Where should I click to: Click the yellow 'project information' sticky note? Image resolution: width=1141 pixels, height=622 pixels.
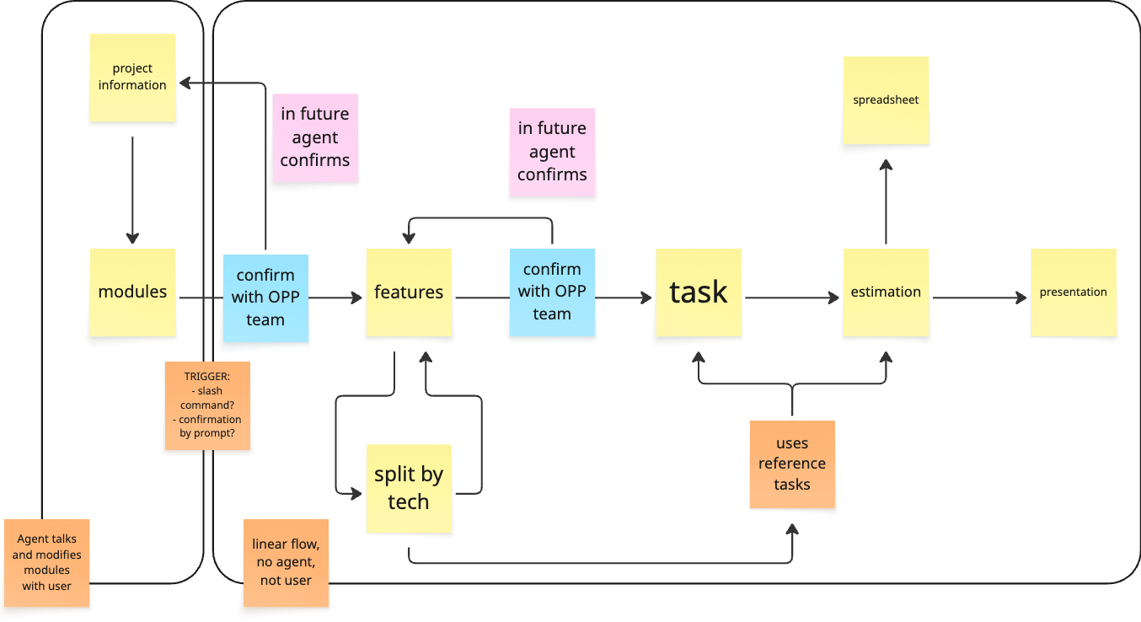(132, 78)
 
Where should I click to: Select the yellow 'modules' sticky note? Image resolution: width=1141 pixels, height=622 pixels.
(132, 292)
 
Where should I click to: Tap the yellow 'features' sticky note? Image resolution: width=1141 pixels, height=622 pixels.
(409, 292)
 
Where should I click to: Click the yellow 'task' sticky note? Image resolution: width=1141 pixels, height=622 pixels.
(699, 292)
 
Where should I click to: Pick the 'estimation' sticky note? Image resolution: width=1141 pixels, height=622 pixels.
(886, 292)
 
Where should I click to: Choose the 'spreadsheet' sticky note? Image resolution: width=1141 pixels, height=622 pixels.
(886, 100)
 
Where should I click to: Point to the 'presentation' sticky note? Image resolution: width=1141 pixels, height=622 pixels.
(1073, 292)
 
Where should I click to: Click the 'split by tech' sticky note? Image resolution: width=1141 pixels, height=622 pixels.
(409, 489)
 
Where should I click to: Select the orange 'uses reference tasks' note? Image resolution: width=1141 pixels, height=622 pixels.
(792, 464)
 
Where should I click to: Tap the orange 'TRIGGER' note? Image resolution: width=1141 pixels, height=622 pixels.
(207, 405)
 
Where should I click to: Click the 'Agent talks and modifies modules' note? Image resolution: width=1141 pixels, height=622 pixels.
(47, 562)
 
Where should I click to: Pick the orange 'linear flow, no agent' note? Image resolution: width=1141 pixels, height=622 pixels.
(286, 562)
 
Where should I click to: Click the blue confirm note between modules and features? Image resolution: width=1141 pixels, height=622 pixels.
(265, 298)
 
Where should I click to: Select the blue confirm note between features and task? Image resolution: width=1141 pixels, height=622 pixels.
(552, 292)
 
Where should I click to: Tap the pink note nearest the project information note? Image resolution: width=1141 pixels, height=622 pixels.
(315, 137)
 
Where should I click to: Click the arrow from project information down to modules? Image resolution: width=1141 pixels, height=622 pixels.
(132, 190)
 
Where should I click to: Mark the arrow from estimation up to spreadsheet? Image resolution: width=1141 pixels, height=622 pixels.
(886, 202)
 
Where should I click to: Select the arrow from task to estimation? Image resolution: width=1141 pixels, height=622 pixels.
(792, 298)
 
